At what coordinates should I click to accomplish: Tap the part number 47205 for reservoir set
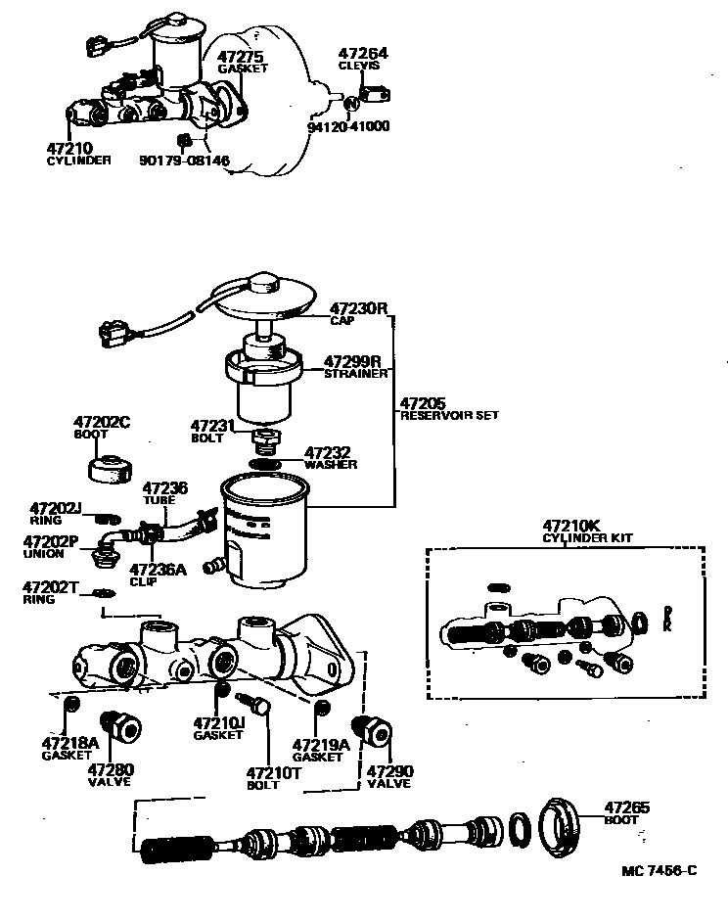[423, 402]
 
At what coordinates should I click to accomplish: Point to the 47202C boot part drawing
[110, 468]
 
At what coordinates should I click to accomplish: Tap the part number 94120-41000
[348, 126]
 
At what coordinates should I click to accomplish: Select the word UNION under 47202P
[44, 554]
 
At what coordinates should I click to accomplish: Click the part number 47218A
[70, 743]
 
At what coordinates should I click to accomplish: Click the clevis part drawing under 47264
[374, 95]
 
